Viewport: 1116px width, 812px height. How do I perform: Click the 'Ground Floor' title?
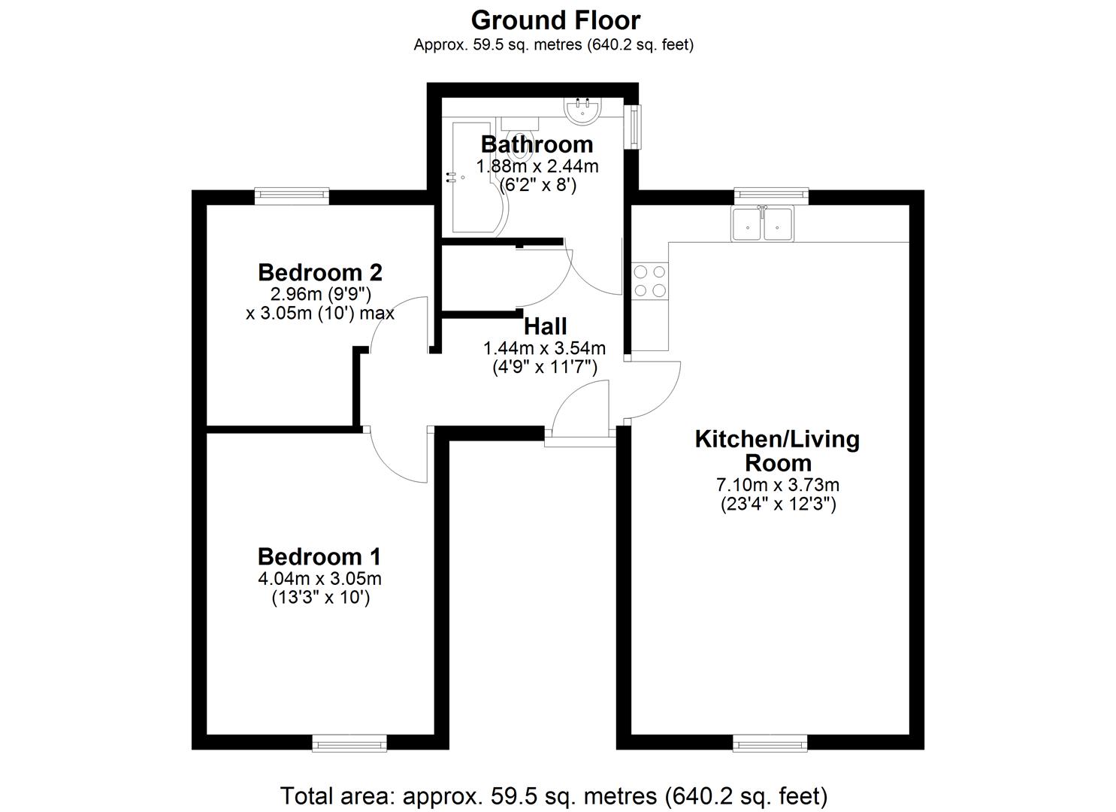pos(555,20)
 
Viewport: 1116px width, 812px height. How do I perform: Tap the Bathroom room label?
pos(537,144)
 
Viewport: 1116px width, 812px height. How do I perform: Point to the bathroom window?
pos(637,126)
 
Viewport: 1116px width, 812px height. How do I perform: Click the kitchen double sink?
pos(762,223)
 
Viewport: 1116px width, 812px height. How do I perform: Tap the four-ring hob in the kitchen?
pos(650,280)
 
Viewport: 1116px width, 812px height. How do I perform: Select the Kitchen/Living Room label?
pos(777,450)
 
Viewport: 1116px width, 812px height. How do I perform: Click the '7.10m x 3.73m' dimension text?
pos(778,485)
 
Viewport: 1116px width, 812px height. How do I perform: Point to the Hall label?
pos(545,326)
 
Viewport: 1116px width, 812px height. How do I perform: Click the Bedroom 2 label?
pos(320,271)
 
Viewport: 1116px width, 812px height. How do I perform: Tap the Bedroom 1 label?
pos(319,556)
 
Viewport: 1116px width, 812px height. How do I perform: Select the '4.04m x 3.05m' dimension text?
pos(319,579)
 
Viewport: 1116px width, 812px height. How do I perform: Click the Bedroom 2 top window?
pos(292,195)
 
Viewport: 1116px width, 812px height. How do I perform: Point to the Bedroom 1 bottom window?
pos(349,744)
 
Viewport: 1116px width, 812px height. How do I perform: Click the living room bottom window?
pos(771,744)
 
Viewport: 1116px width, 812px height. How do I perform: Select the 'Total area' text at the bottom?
pos(554,795)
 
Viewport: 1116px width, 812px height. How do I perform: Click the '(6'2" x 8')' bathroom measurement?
pos(538,184)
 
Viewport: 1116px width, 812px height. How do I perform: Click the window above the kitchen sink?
pos(771,195)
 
